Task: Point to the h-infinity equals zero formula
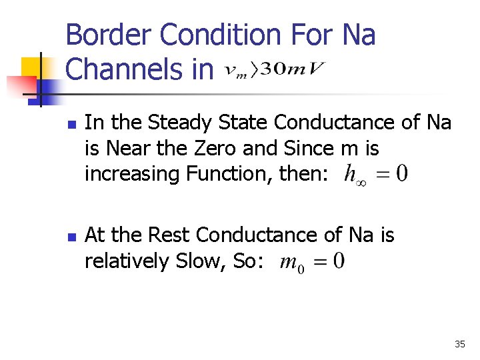pyautogui.click(x=375, y=175)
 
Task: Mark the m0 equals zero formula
pyautogui.click(x=312, y=261)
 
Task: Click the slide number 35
pyautogui.click(x=459, y=344)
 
